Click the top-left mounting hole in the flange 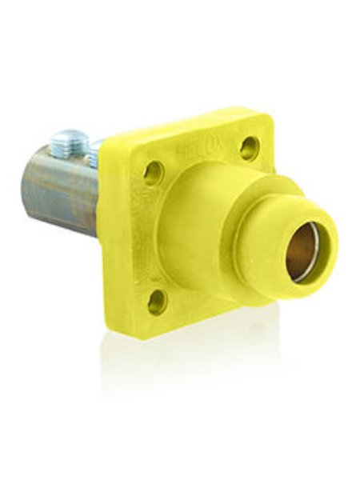(153, 172)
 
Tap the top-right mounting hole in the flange (250, 147)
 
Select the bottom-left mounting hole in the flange (157, 302)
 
